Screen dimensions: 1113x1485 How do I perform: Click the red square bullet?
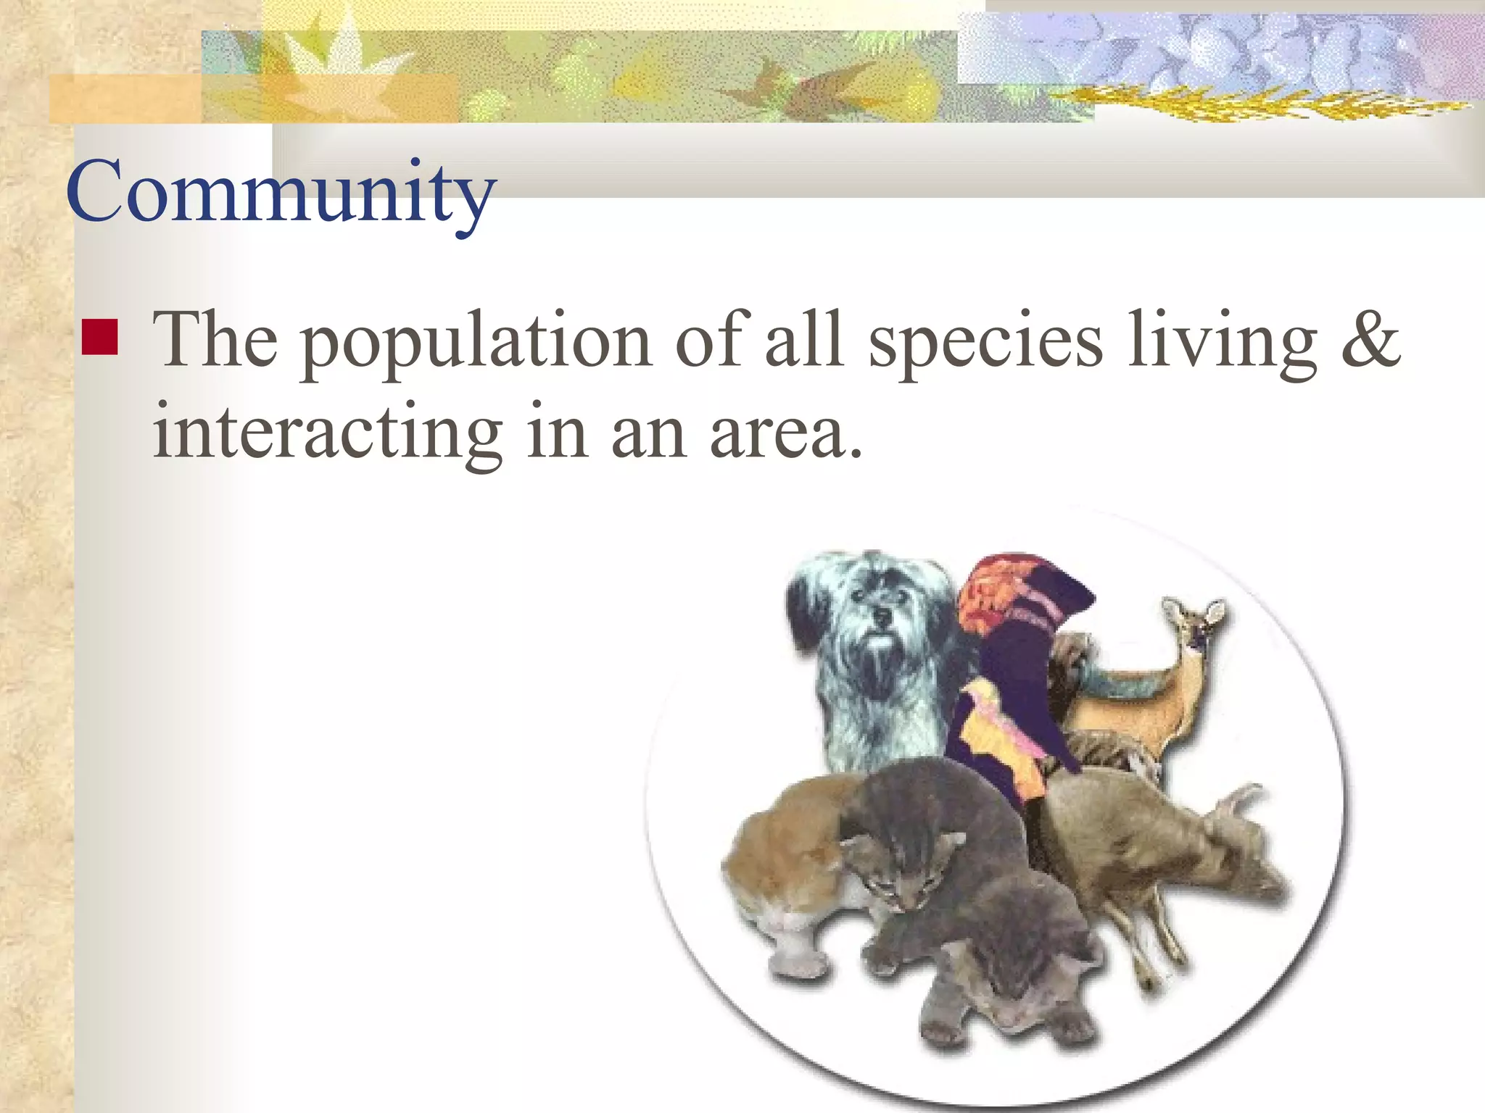(x=100, y=337)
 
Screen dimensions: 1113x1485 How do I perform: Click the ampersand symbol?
(x=1370, y=339)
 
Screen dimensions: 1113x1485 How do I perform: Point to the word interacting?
(x=328, y=433)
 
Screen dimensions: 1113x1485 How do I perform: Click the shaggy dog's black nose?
(x=882, y=617)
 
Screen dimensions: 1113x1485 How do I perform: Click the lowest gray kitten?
(x=1008, y=964)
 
